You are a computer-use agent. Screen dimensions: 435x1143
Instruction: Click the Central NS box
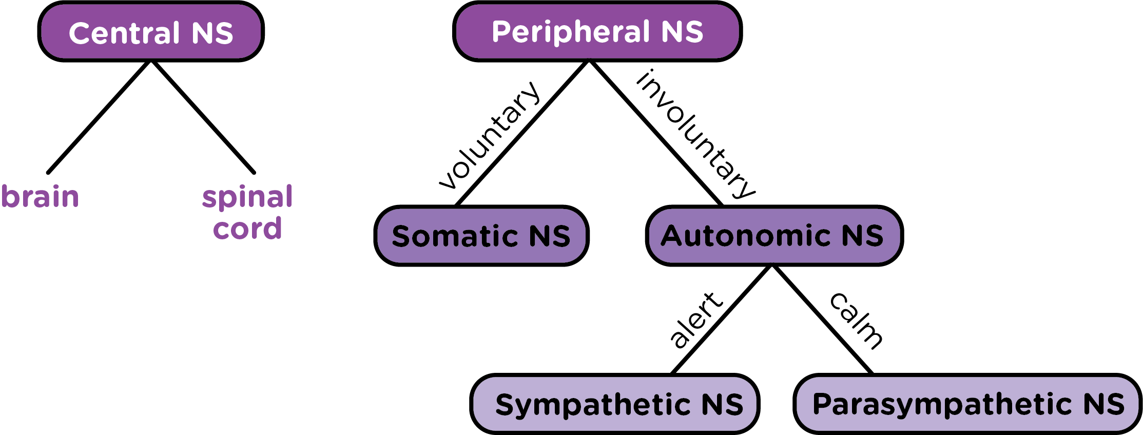151,32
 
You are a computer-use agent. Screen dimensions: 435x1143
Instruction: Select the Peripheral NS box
597,32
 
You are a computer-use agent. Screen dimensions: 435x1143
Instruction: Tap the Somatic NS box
481,236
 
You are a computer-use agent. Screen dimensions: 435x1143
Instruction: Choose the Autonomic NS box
774,236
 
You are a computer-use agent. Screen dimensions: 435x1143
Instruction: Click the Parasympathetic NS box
967,404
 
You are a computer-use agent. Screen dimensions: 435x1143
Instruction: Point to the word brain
40,197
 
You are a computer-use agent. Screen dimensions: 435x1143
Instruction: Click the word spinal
247,198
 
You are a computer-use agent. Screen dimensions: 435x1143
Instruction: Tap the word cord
247,228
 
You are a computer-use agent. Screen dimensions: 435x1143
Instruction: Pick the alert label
696,319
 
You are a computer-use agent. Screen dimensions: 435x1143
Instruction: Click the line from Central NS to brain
99,117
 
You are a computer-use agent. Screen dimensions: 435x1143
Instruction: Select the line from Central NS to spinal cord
203,118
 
